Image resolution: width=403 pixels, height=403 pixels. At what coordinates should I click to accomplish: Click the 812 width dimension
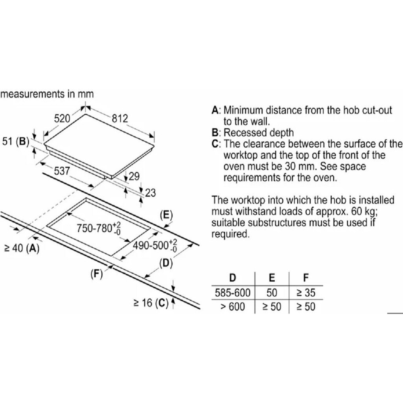click(x=120, y=119)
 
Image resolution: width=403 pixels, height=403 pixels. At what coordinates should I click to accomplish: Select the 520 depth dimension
click(x=62, y=119)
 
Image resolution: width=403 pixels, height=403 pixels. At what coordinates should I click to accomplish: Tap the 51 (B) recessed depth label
click(x=16, y=141)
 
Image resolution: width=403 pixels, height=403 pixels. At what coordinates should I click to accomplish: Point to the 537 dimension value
click(x=62, y=171)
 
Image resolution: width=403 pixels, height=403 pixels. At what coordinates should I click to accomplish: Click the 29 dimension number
click(x=134, y=176)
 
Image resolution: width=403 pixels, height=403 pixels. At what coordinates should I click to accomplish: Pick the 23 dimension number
click(x=150, y=193)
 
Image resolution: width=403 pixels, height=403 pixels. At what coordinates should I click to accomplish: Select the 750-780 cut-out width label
click(x=99, y=228)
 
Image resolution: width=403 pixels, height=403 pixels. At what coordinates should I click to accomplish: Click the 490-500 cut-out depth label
click(x=155, y=246)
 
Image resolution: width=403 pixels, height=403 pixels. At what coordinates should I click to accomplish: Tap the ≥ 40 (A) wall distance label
click(x=22, y=248)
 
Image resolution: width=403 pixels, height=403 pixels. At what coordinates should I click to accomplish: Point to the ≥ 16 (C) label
click(x=151, y=303)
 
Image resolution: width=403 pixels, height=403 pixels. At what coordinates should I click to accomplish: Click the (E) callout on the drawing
click(x=166, y=215)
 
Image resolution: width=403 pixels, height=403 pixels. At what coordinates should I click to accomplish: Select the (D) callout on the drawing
click(x=166, y=263)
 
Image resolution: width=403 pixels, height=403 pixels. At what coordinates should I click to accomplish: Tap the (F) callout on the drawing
click(x=97, y=274)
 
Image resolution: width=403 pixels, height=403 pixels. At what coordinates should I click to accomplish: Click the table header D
click(x=233, y=278)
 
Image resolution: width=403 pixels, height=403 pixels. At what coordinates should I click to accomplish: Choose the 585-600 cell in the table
click(x=233, y=293)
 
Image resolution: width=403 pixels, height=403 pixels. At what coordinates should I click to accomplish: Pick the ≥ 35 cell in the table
click(x=306, y=293)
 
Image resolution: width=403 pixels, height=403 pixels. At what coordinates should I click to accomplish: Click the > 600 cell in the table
click(x=233, y=307)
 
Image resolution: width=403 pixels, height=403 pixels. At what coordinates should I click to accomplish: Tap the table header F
click(x=306, y=278)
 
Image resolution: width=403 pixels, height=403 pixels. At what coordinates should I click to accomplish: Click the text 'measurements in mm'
click(x=47, y=94)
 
